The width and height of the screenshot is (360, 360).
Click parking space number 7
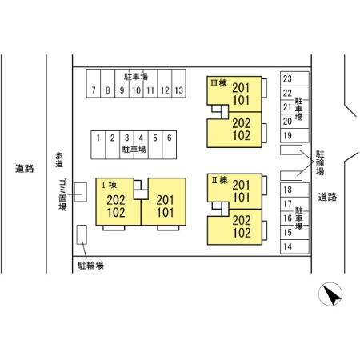(94, 83)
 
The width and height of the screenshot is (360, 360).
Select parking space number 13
(179, 83)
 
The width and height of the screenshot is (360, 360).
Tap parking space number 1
(98, 145)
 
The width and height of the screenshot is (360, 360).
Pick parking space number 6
(170, 145)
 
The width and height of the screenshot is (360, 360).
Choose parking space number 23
(294, 78)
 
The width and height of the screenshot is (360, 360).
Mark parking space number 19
(294, 135)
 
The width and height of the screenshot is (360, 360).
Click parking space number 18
(294, 190)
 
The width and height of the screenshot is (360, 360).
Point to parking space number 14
(294, 246)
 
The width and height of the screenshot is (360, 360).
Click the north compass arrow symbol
(330, 294)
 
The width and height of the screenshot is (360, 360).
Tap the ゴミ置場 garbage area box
(80, 192)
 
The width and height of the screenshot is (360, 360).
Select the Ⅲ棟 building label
(218, 83)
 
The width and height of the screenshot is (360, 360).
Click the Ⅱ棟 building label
(219, 180)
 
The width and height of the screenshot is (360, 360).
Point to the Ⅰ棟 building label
(110, 185)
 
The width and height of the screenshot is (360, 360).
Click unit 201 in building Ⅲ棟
(241, 88)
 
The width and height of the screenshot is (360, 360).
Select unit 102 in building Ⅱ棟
(242, 233)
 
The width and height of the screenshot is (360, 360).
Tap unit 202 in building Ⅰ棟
(116, 200)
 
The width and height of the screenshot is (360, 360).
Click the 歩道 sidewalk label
(59, 160)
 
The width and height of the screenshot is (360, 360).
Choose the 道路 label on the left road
(25, 169)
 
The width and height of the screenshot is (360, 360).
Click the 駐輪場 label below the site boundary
(90, 266)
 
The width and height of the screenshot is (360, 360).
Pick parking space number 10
(136, 83)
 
